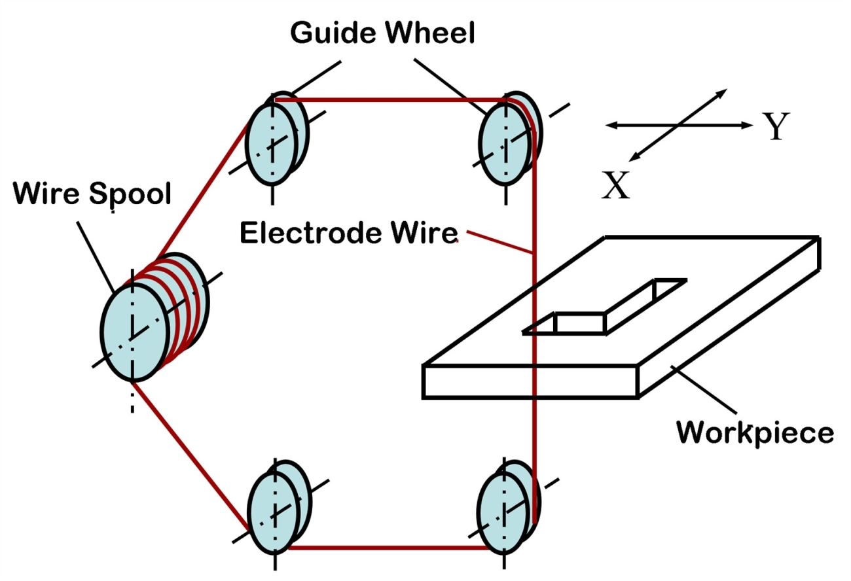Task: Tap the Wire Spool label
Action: (x=92, y=193)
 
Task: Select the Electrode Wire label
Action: (x=349, y=233)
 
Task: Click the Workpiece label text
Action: (x=755, y=432)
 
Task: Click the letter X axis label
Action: (x=615, y=186)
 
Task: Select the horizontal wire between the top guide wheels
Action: (x=393, y=100)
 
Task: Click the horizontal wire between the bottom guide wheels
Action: (x=393, y=548)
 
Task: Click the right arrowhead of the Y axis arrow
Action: (x=746, y=125)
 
